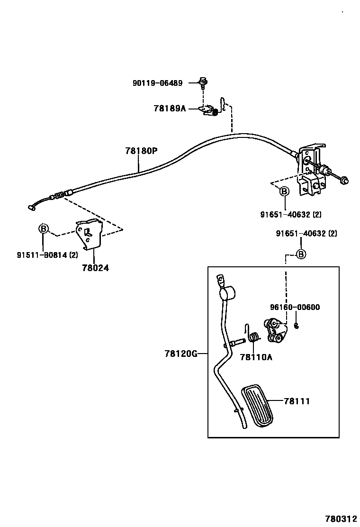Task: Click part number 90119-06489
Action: tap(157, 82)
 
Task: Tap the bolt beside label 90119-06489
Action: tap(203, 82)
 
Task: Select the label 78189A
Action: tap(170, 108)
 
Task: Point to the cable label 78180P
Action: tap(141, 151)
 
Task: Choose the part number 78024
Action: tap(95, 268)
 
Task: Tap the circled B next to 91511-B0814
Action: tap(43, 229)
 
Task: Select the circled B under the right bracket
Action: tap(284, 191)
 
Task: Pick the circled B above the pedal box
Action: tap(301, 254)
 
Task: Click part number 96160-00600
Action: tap(295, 307)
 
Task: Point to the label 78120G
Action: tap(180, 354)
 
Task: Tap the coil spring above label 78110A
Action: tap(254, 337)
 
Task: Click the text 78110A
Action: tap(256, 357)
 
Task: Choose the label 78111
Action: tap(297, 401)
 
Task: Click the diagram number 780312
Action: tap(341, 518)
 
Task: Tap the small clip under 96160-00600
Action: tap(296, 325)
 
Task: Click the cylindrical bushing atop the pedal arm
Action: tap(227, 293)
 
